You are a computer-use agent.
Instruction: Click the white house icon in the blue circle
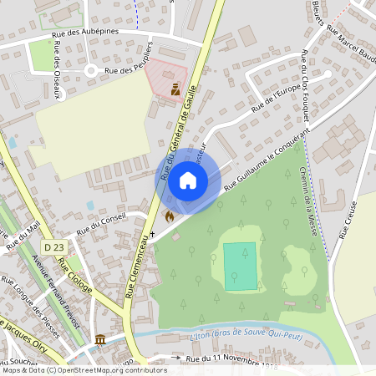[x=188, y=180]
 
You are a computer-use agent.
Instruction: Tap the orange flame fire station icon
[x=170, y=216]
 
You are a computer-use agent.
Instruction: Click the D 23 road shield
[x=54, y=247]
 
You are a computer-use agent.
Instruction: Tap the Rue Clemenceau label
[x=140, y=266]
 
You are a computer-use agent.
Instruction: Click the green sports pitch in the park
[x=240, y=267]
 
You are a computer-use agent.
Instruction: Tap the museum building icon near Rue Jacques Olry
[x=100, y=340]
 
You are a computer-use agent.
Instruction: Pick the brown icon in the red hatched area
[x=175, y=89]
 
